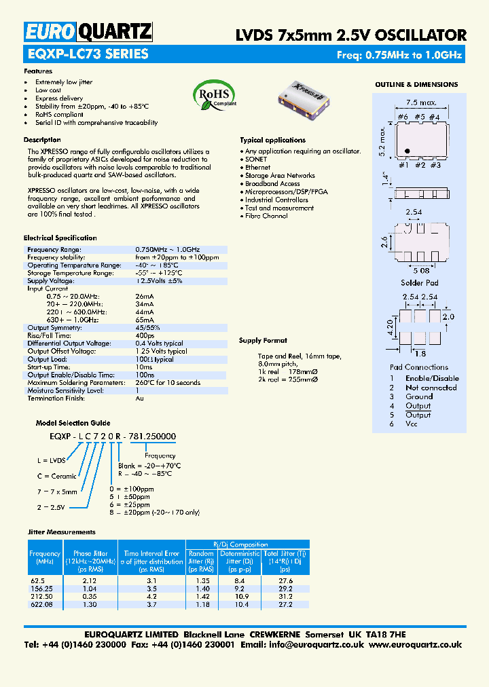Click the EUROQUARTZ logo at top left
tap(89, 31)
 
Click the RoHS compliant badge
tap(214, 95)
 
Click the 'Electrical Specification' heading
tap(60, 238)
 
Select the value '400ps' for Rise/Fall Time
tap(145, 335)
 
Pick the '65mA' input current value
tap(145, 320)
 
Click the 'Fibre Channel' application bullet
tap(266, 217)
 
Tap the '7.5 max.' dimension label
tap(422, 103)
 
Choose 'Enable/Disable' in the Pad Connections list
tap(432, 379)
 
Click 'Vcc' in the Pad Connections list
tap(412, 424)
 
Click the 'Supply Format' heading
tap(263, 341)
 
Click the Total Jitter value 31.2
tap(285, 597)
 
